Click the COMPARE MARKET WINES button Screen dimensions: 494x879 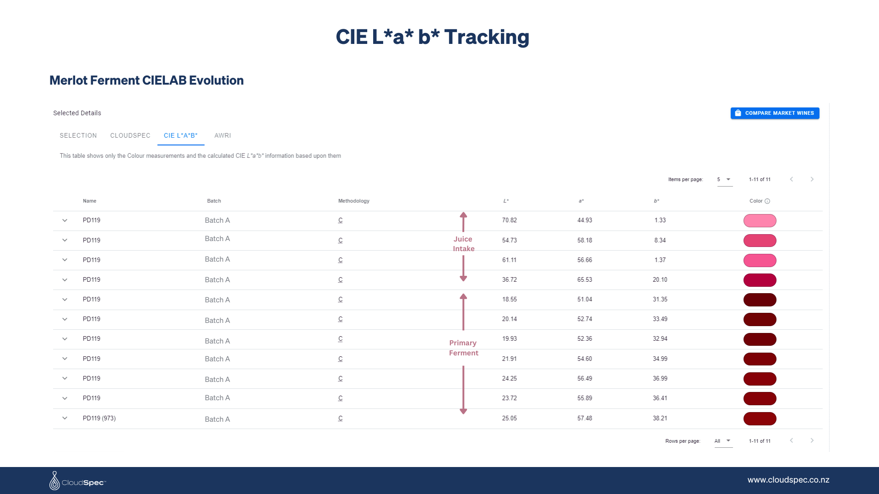coord(775,113)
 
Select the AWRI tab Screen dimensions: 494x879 coord(222,135)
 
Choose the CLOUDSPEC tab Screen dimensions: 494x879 coord(130,135)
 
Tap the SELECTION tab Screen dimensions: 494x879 coord(78,135)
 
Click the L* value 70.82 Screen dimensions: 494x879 coord(509,220)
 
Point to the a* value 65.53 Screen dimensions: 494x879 coord(585,279)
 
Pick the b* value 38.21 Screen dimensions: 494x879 coord(660,418)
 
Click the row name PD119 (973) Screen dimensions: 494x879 coord(99,418)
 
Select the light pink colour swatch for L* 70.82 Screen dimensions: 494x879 coord(760,221)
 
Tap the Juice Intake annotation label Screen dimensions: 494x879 coord(463,244)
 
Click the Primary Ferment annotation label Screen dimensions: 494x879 coord(463,348)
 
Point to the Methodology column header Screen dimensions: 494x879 coord(353,201)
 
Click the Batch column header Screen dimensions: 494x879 coord(214,201)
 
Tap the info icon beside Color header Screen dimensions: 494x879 coord(767,201)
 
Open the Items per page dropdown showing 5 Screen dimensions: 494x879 coord(724,179)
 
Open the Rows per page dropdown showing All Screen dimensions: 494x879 coord(723,441)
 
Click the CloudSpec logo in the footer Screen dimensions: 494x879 coord(77,481)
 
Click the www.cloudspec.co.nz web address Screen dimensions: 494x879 coord(788,480)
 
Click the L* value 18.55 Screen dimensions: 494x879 coord(509,299)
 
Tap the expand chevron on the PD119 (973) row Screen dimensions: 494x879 coord(65,418)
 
